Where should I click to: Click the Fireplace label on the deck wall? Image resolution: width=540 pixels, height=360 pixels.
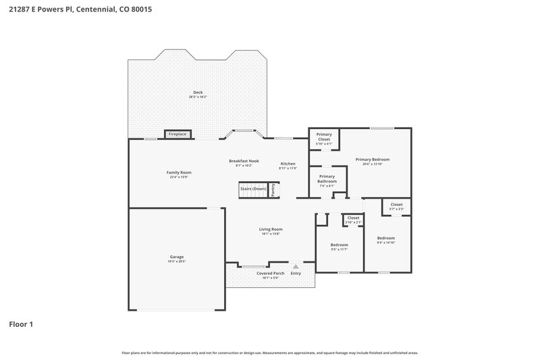(178, 134)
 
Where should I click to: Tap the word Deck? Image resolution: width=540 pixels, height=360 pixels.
(198, 93)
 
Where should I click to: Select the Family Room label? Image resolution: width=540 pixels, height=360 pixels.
(179, 172)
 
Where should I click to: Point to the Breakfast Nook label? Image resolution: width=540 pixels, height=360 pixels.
(244, 161)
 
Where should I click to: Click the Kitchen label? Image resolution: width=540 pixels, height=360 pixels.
(288, 164)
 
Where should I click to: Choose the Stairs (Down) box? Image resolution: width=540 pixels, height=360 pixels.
(253, 189)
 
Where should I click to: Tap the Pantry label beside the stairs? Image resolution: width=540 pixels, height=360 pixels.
(273, 190)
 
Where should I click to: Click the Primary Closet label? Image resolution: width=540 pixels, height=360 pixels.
(324, 137)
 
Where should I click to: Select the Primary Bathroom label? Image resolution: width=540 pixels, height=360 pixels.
(327, 178)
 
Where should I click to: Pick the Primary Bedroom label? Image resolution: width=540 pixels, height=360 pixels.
(373, 159)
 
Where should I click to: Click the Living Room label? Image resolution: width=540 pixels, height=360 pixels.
(270, 230)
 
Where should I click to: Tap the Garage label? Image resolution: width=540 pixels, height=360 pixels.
(177, 257)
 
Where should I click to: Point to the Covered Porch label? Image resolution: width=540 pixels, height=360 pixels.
(270, 273)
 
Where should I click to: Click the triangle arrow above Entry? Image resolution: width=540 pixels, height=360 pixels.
(295, 267)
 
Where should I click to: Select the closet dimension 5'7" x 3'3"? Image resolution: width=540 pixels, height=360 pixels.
(396, 209)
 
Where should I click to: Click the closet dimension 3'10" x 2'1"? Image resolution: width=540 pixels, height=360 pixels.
(354, 222)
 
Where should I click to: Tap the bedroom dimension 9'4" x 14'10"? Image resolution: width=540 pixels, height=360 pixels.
(386, 242)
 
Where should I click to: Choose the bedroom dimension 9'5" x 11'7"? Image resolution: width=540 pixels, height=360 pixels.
(339, 249)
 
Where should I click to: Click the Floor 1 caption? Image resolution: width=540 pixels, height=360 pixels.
(21, 325)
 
